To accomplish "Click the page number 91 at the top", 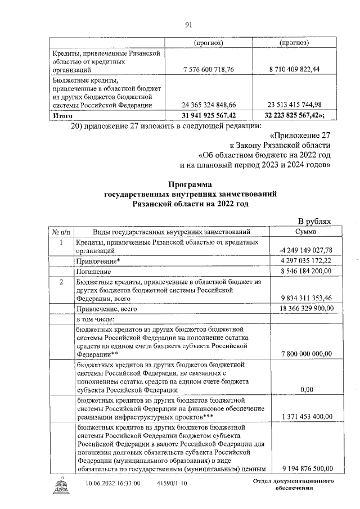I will [189, 24].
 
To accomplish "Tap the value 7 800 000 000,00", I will [305, 354].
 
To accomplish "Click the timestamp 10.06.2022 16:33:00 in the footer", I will [113, 483].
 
